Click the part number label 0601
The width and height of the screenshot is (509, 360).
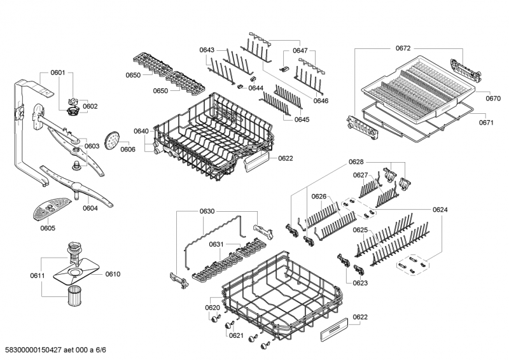57,73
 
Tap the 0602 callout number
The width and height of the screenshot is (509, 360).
90,106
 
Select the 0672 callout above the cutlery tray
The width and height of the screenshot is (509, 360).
403,47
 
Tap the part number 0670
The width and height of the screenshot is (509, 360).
494,99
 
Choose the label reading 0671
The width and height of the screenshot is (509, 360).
494,123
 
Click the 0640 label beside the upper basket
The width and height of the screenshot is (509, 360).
141,131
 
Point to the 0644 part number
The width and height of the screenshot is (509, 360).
256,88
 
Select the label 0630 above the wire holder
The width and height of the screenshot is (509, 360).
207,211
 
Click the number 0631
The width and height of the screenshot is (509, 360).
217,244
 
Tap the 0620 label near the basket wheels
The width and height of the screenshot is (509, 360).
212,307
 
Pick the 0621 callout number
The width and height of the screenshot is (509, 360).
236,335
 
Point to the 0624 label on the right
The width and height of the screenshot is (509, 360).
440,209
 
